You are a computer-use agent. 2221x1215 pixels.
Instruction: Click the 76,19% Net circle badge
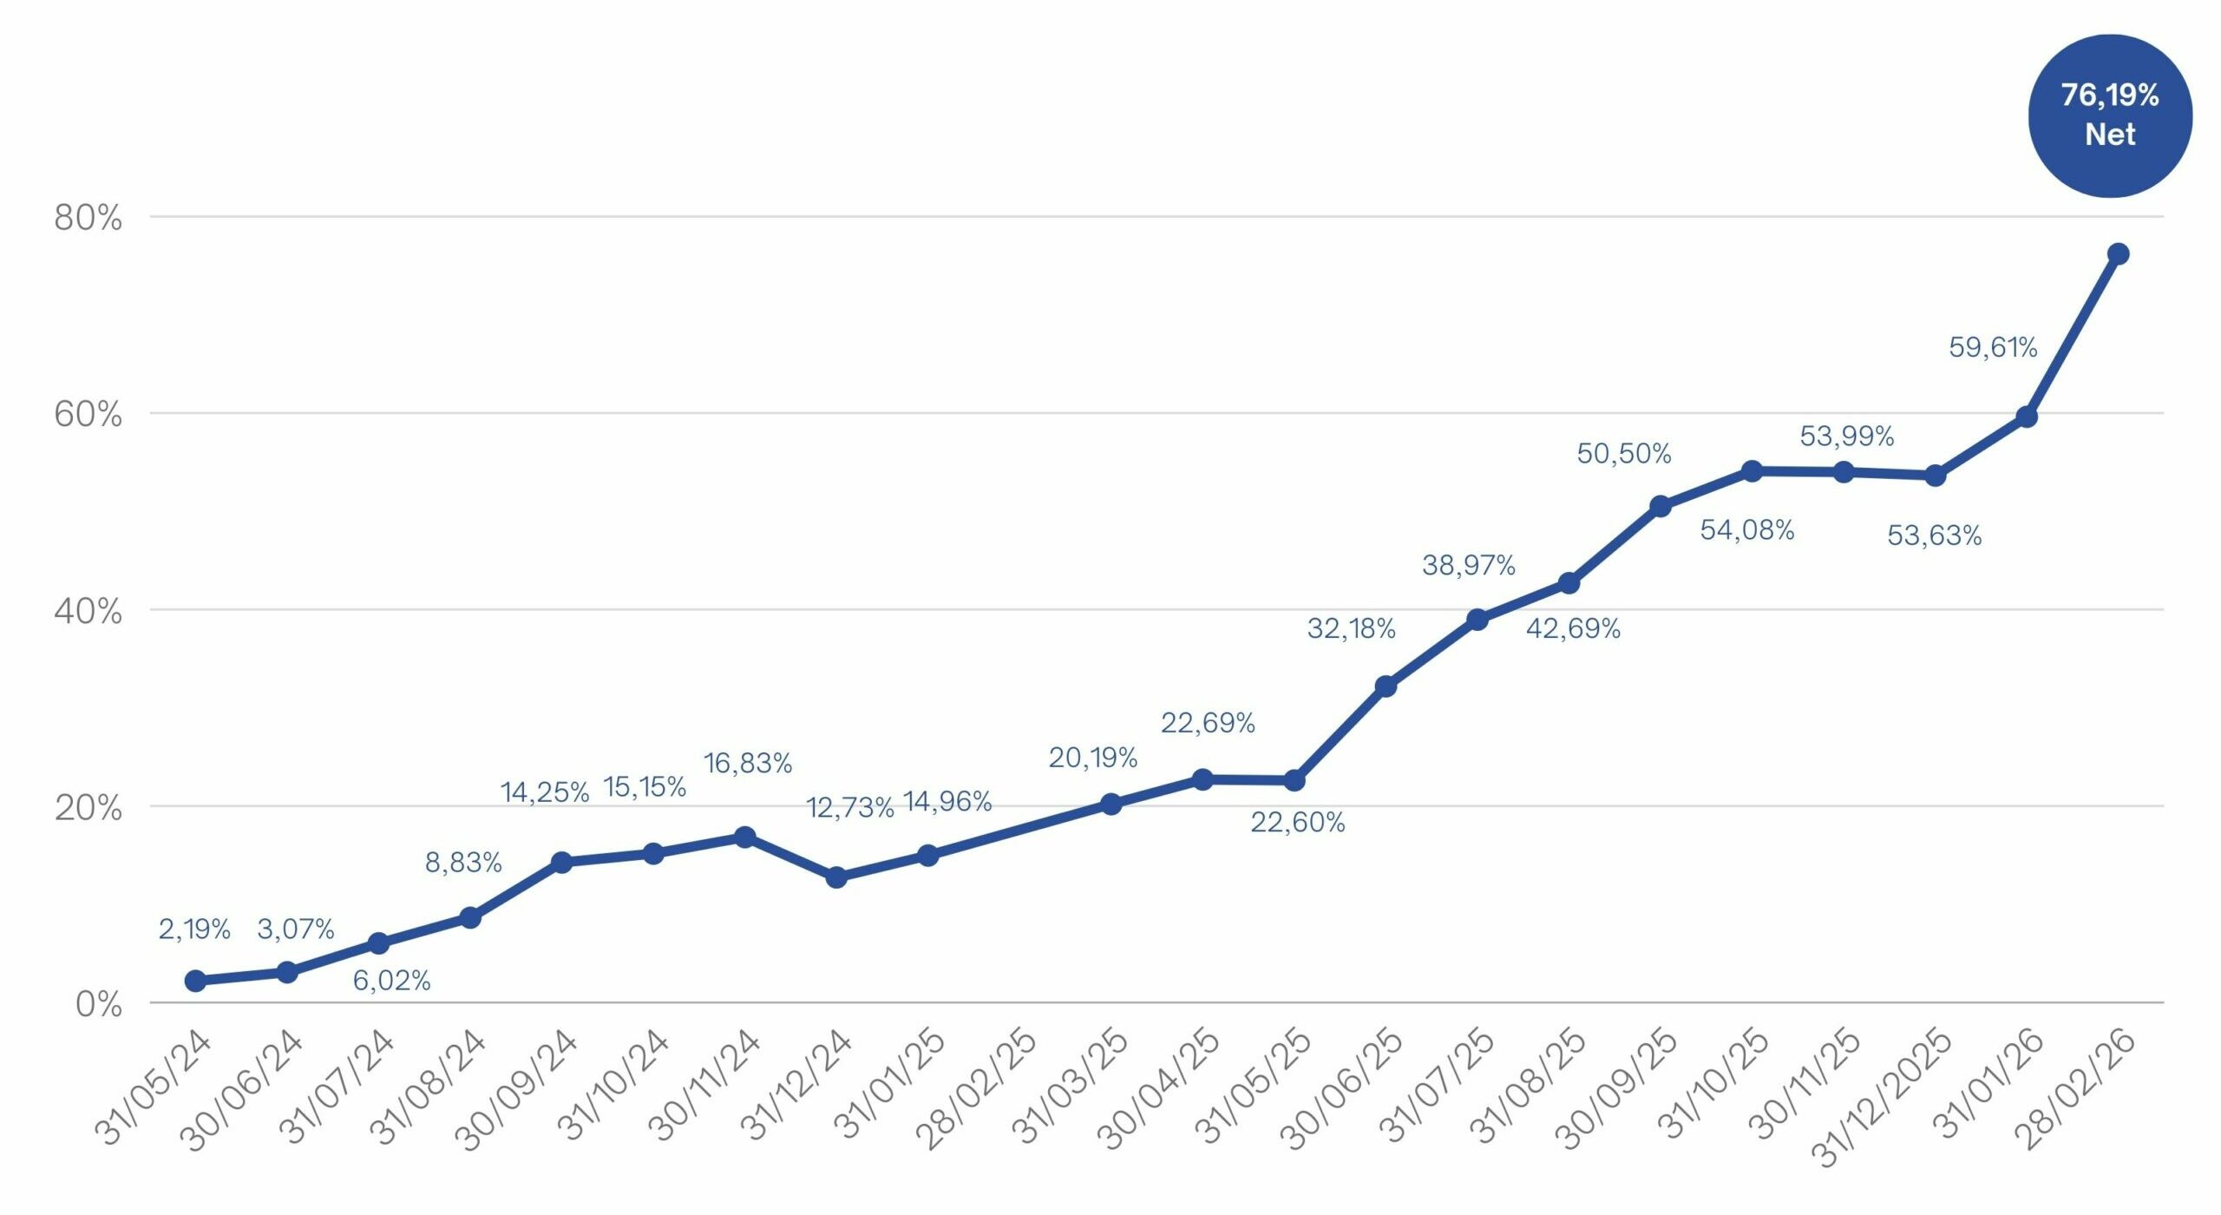(2109, 115)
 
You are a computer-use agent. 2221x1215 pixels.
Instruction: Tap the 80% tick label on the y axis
(88, 218)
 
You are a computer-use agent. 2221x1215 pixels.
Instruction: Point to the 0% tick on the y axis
(98, 1004)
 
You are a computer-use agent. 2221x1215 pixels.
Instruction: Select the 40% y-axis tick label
(88, 612)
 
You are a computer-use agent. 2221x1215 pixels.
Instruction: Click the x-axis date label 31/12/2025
(1883, 1098)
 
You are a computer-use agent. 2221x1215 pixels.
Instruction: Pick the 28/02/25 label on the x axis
(976, 1089)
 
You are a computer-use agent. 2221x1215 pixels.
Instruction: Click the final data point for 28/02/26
(2118, 254)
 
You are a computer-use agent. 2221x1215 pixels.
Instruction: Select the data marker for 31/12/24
(836, 877)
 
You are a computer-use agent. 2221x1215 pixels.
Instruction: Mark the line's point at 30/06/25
(1386, 686)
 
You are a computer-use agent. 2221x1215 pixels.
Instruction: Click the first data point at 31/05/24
(195, 981)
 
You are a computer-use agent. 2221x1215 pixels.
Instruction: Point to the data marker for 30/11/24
(744, 837)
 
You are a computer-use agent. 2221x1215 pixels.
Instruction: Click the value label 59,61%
(1993, 348)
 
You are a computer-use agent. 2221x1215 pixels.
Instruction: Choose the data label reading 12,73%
(849, 808)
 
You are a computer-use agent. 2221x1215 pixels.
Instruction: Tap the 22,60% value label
(1297, 823)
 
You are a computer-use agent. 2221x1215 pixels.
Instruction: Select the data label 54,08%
(1746, 530)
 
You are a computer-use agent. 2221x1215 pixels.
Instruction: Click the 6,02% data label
(391, 981)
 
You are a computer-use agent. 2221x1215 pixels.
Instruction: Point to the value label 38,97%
(1468, 566)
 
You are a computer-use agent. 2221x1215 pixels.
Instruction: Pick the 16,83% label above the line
(747, 764)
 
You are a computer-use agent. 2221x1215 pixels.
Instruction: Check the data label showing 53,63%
(1934, 535)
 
